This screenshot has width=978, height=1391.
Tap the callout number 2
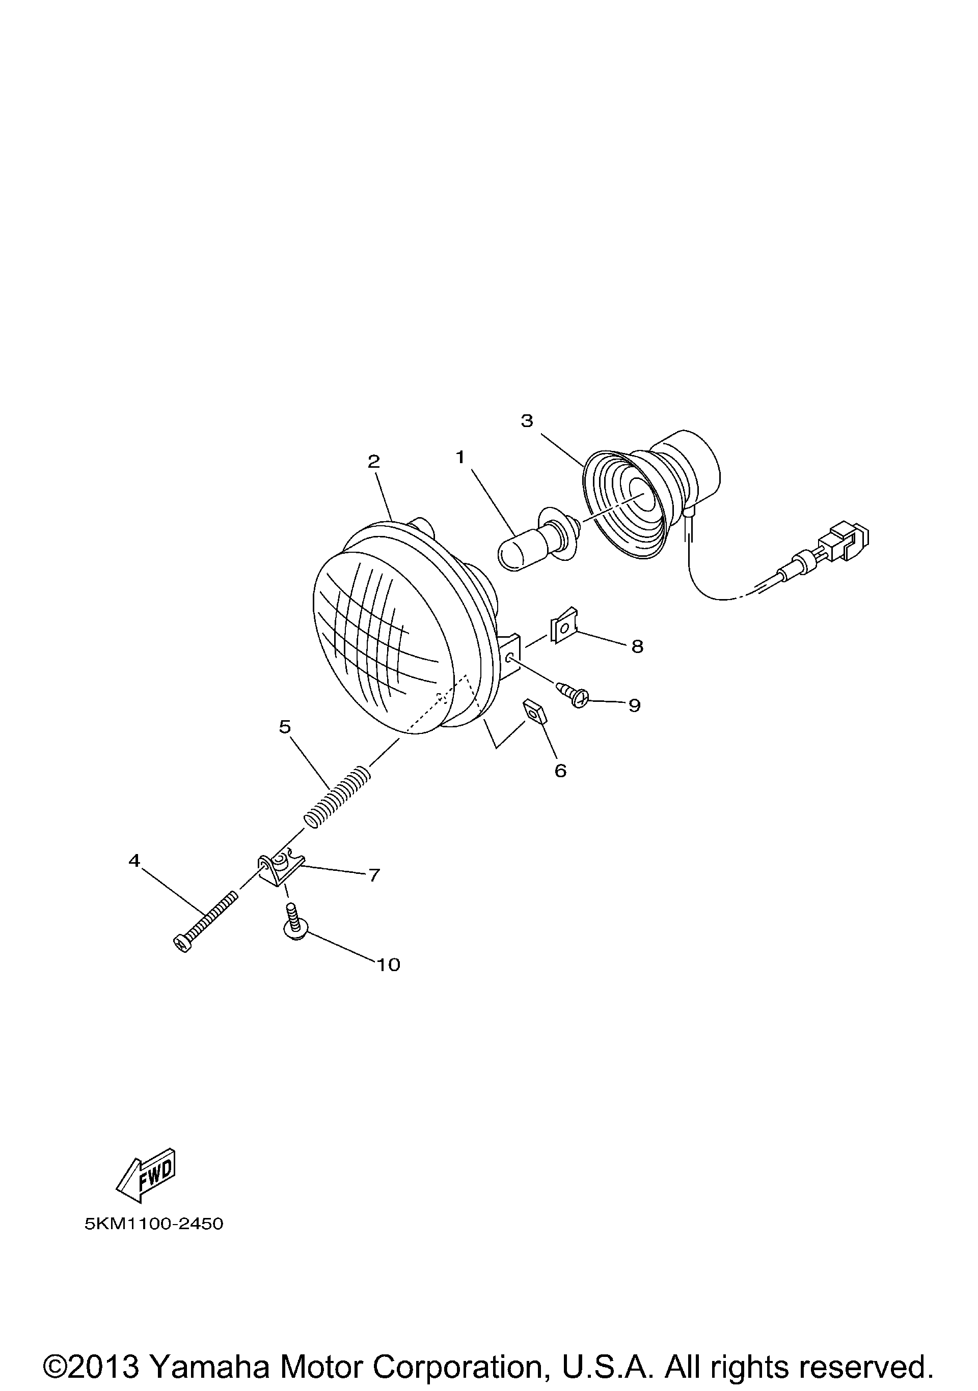[x=374, y=462]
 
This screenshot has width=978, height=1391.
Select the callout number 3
[x=527, y=420]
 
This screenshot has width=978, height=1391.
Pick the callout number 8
[x=637, y=647]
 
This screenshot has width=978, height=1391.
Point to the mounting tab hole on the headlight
[x=509, y=658]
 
